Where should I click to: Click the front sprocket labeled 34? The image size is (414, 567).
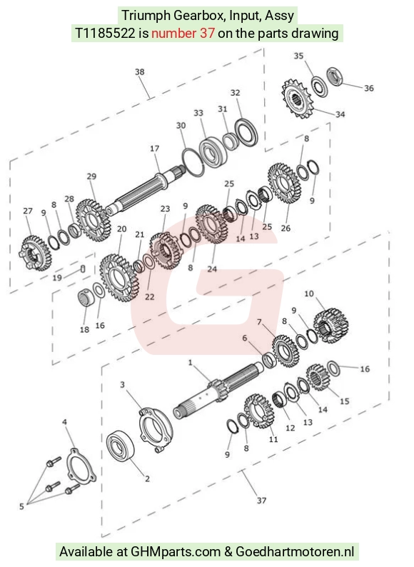pos(296,99)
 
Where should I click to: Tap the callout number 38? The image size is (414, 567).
pos(140,72)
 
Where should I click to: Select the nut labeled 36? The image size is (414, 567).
pos(335,76)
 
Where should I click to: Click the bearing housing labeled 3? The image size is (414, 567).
pos(156,429)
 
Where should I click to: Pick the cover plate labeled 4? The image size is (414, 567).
pos(81,466)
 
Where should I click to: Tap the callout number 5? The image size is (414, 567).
pos(21,506)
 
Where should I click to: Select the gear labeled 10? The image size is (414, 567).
pos(330,326)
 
